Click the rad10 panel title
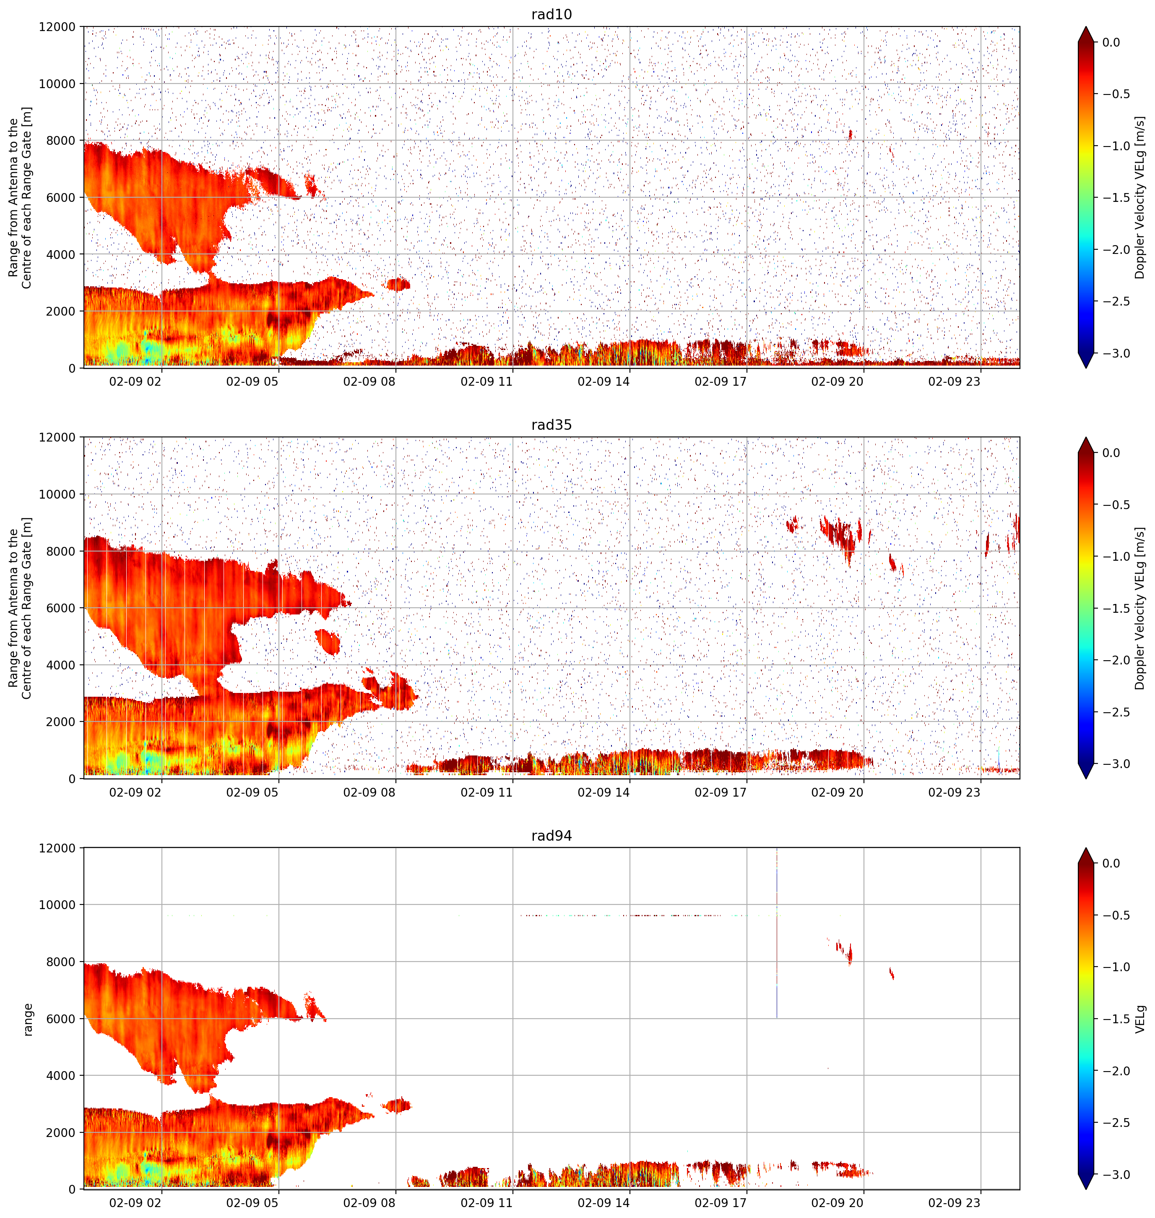(x=551, y=14)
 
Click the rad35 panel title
(x=551, y=424)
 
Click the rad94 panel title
(x=551, y=835)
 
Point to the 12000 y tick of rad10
(x=57, y=27)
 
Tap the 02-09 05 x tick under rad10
(x=252, y=382)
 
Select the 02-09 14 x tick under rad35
(x=604, y=792)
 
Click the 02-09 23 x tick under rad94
(x=954, y=1202)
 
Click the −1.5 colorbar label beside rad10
(x=1116, y=198)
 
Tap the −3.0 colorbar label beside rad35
(x=1116, y=764)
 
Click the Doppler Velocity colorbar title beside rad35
(x=1140, y=608)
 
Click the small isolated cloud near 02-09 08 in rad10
(x=397, y=284)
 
